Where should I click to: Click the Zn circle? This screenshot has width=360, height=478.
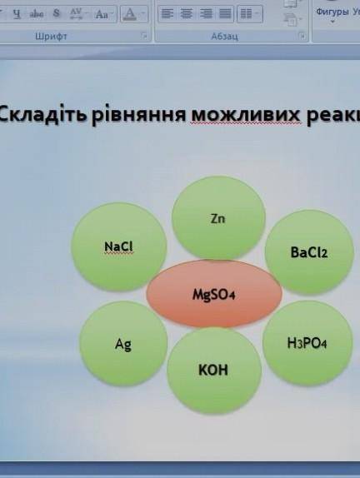[218, 218]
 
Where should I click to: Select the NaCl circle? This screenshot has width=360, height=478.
[119, 246]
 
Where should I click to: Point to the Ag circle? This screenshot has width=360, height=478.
[123, 343]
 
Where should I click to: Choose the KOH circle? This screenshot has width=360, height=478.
[212, 370]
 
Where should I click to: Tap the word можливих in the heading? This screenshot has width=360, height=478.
[242, 114]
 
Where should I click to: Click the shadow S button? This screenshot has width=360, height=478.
[57, 14]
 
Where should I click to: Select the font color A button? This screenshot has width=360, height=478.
[129, 14]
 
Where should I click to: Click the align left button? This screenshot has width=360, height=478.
[167, 14]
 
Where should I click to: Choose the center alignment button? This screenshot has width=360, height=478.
[187, 14]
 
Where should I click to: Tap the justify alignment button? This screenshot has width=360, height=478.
[225, 14]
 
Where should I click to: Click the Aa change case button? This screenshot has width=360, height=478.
[102, 14]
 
